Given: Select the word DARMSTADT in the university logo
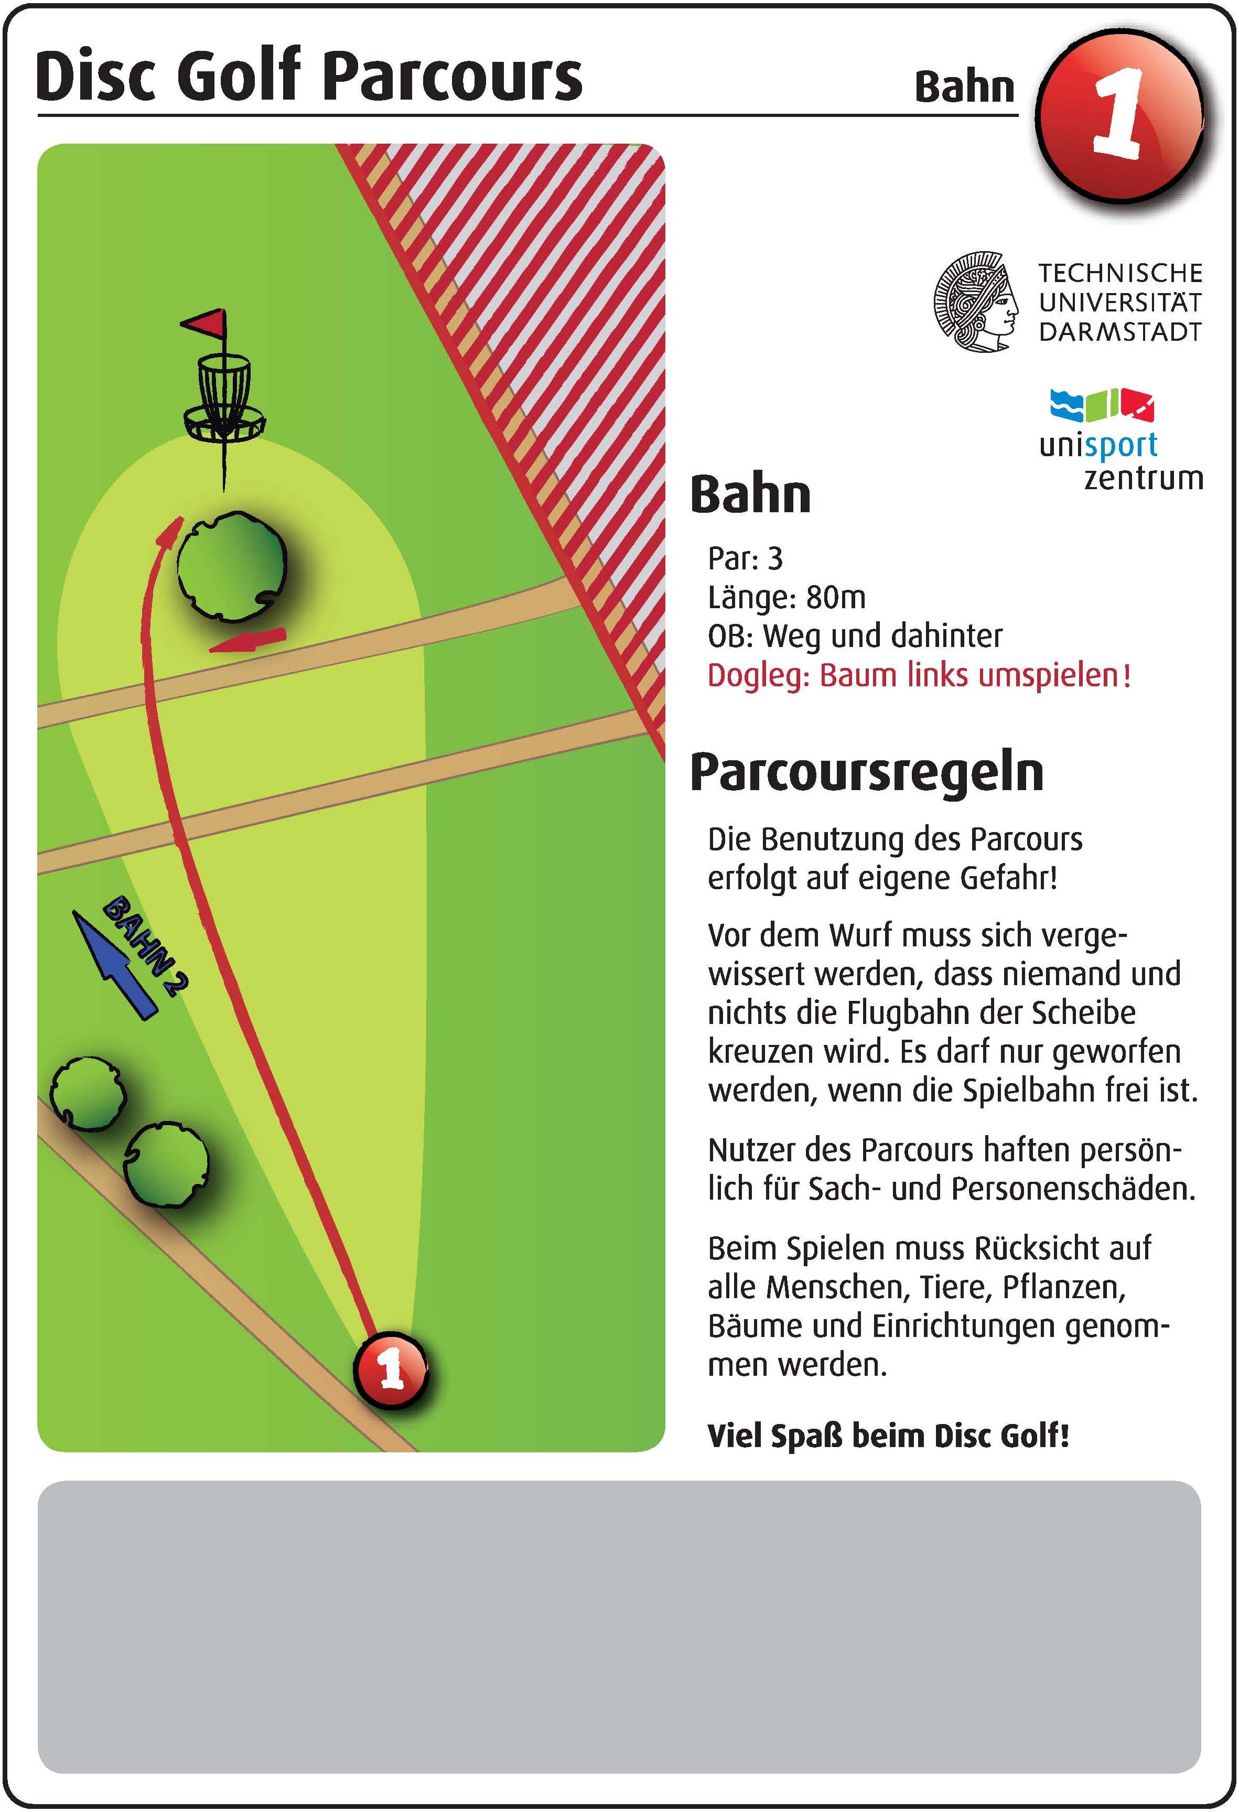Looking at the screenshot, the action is click(x=1119, y=332).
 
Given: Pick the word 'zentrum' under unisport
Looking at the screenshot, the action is click(x=1143, y=477).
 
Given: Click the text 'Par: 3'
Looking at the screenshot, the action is click(x=745, y=558).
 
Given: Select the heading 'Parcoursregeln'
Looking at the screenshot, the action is click(x=866, y=773).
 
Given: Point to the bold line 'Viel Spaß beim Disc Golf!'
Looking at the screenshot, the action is click(x=888, y=1436).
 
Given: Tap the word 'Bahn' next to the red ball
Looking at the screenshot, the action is click(x=965, y=87).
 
